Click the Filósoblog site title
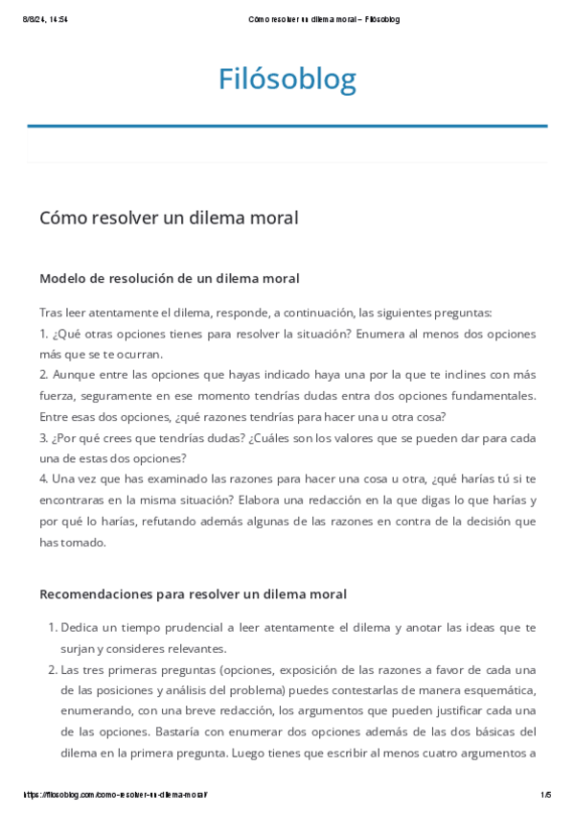tap(287, 79)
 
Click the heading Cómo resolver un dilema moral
tap(169, 218)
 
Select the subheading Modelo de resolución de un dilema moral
tap(169, 278)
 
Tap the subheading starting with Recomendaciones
tap(193, 593)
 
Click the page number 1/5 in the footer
tap(545, 795)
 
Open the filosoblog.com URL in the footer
tap(114, 795)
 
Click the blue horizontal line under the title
tap(287, 126)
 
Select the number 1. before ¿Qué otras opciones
tap(43, 334)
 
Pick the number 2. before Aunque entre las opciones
tap(44, 375)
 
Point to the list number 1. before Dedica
tap(52, 627)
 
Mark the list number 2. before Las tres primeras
tap(52, 669)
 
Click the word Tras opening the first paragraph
tap(51, 313)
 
